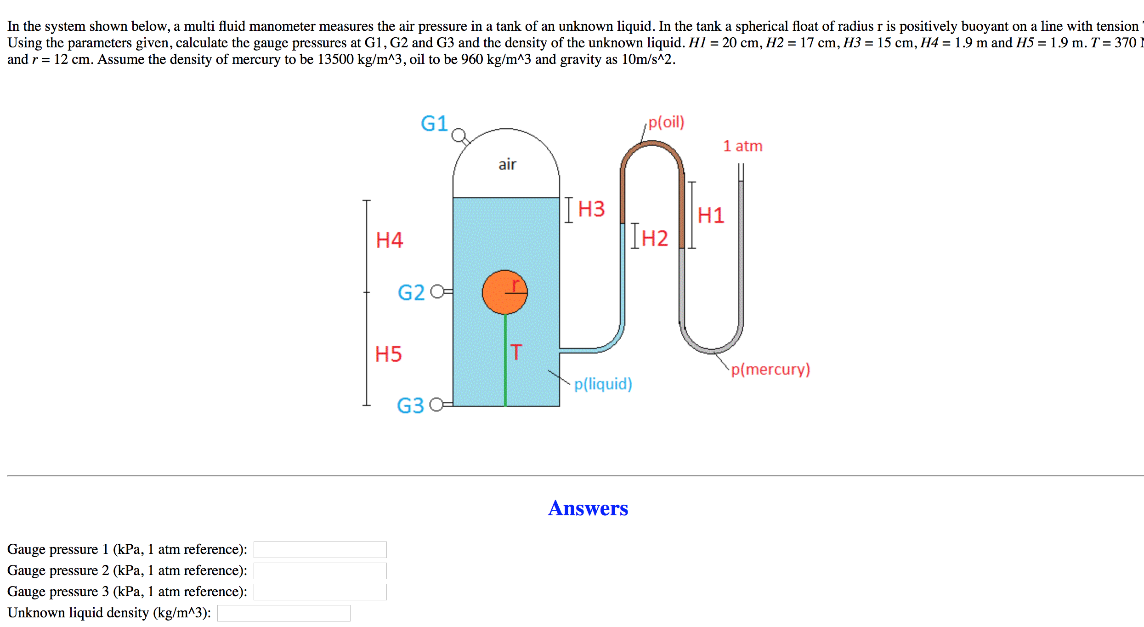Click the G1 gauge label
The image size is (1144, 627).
click(x=434, y=124)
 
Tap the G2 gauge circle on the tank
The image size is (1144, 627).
click(x=437, y=291)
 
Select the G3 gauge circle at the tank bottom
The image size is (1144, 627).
click(x=436, y=405)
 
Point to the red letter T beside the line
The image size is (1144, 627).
click(x=516, y=352)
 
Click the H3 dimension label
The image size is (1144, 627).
click(x=591, y=209)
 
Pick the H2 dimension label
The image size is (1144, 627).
click(x=655, y=239)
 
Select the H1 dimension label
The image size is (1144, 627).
click(x=711, y=216)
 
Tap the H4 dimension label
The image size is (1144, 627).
click(x=389, y=240)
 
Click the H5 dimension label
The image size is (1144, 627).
click(x=388, y=354)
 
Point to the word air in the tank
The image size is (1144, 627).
click(x=507, y=164)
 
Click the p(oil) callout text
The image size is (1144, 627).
click(x=666, y=122)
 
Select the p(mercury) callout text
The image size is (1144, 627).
click(x=770, y=369)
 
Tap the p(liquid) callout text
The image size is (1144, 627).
click(x=603, y=384)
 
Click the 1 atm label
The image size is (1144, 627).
click(x=742, y=146)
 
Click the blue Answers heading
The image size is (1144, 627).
click(x=588, y=508)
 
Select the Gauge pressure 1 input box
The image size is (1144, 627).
click(x=320, y=550)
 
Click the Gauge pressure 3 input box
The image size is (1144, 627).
click(x=320, y=592)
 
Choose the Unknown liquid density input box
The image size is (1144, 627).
click(x=283, y=613)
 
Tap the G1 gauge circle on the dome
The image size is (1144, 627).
click(x=458, y=135)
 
